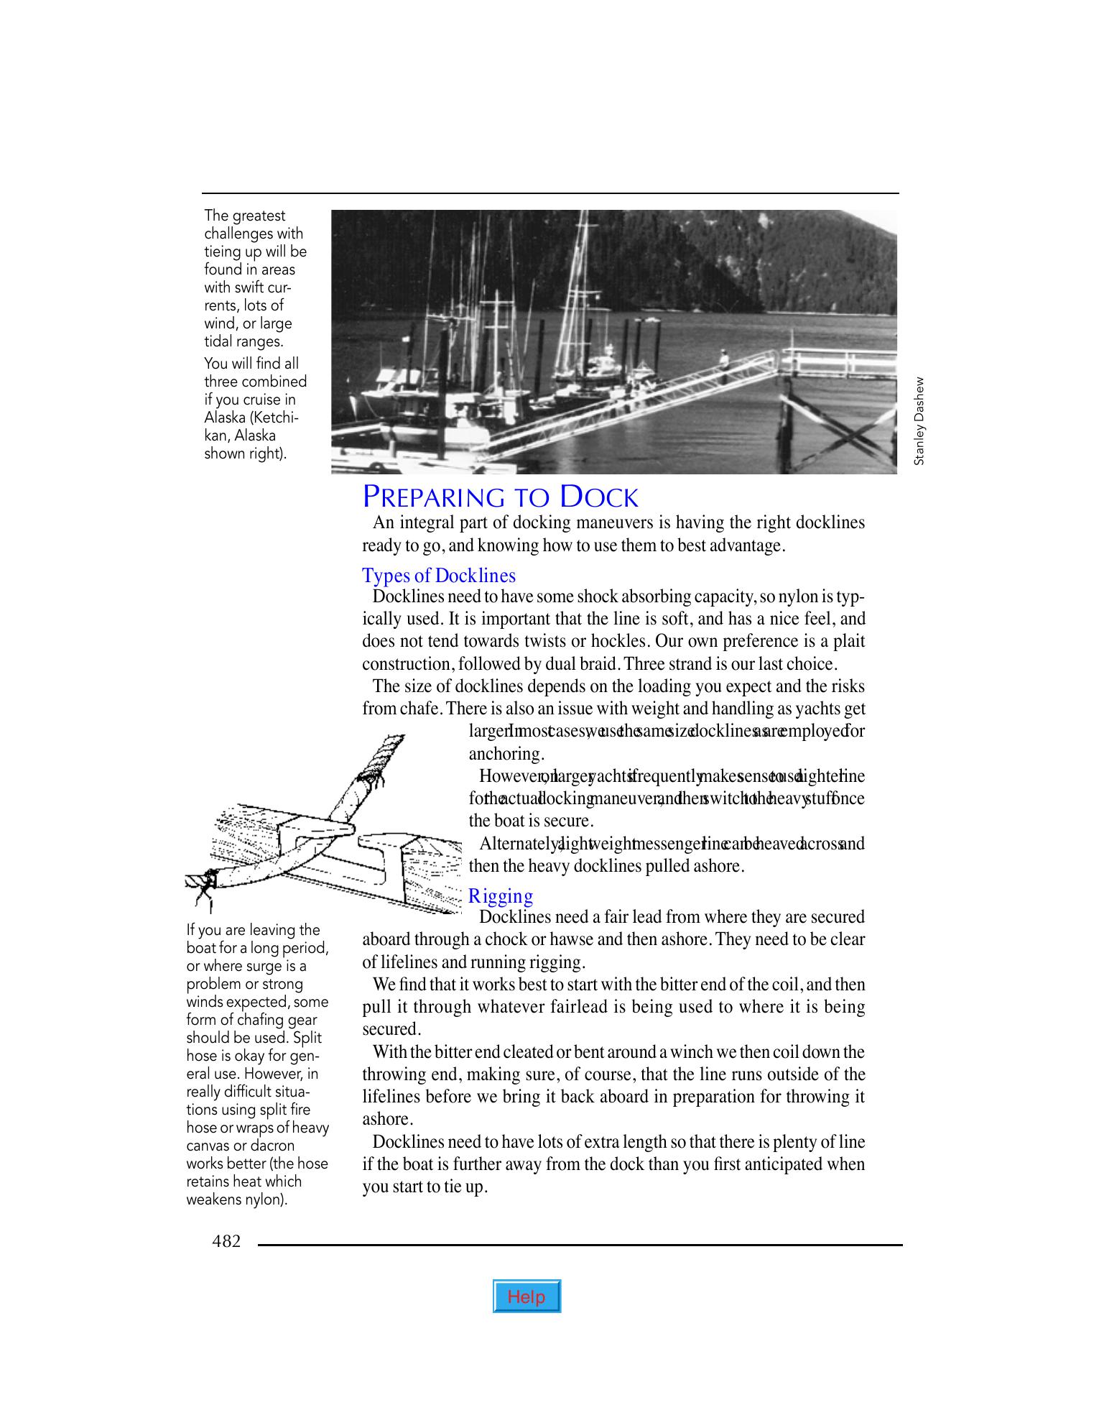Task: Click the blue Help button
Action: point(527,1297)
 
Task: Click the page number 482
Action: point(226,1240)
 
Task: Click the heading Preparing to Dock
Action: point(500,497)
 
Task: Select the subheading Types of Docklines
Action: point(438,576)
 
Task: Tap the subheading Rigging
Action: point(501,896)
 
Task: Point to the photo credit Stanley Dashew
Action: point(919,421)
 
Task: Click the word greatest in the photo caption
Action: point(259,216)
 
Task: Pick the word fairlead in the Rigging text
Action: point(579,1007)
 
